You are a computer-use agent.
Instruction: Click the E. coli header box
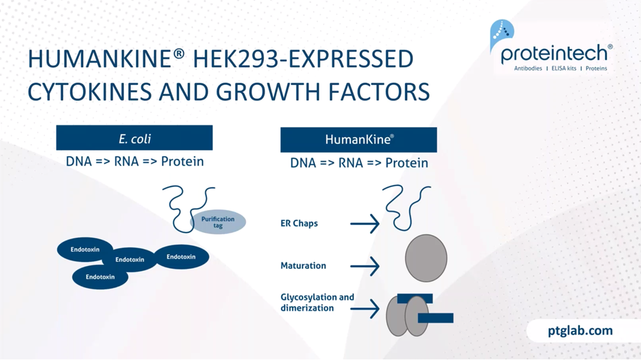point(134,138)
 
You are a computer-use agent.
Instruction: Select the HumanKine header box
point(358,140)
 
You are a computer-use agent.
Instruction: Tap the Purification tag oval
point(218,222)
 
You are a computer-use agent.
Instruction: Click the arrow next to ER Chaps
point(365,224)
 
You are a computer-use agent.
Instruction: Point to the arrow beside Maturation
point(365,266)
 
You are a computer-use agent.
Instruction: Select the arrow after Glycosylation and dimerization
point(365,309)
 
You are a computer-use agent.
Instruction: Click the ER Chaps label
point(299,224)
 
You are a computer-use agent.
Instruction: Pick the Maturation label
point(303,266)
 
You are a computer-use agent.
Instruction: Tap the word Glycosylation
point(308,297)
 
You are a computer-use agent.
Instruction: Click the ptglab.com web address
point(580,330)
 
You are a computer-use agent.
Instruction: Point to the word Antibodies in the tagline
point(528,68)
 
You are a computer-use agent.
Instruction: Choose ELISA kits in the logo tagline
point(564,68)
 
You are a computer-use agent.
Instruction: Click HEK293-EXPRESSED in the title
point(303,59)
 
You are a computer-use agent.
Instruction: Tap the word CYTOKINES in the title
point(89,92)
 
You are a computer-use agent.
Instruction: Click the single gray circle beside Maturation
point(426,258)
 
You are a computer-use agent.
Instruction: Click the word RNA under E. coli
point(126,161)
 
